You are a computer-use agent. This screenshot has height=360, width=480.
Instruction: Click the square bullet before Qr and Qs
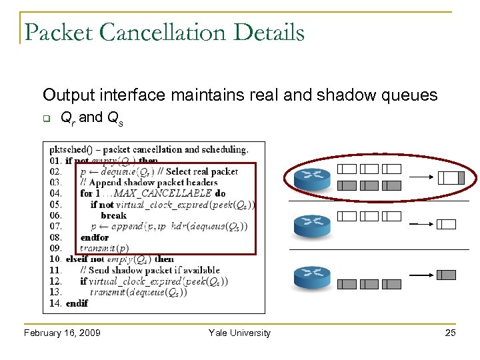47,119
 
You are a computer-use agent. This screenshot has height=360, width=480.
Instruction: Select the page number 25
450,333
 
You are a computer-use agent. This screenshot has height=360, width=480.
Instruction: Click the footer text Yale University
239,333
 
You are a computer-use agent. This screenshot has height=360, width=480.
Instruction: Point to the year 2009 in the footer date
89,333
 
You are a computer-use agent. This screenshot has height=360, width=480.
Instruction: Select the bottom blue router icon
312,276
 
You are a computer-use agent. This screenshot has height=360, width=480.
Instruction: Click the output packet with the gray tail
451,177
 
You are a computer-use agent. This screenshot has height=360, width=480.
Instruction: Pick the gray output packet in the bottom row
446,275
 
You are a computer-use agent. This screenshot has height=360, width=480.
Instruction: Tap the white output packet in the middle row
446,225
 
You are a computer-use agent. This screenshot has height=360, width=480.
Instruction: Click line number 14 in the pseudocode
55,303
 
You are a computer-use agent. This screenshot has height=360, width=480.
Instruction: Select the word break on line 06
113,215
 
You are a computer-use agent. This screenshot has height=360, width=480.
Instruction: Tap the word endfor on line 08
94,237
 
